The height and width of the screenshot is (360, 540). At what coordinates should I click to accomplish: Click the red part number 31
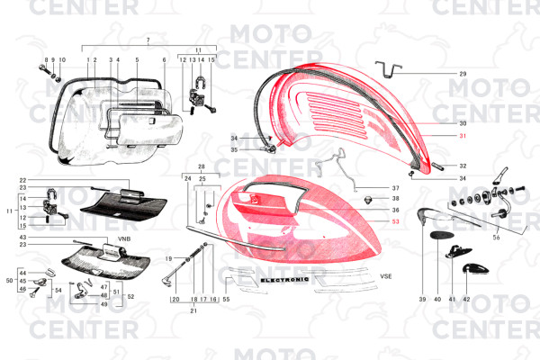(463, 136)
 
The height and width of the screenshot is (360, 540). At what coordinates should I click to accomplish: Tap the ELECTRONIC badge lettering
(284, 280)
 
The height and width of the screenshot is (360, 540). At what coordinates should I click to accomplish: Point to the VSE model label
(387, 277)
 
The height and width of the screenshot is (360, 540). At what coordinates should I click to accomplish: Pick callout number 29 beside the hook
(463, 73)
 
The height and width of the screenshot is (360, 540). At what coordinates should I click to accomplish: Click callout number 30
(463, 122)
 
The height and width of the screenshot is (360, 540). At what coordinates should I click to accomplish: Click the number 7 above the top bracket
(148, 41)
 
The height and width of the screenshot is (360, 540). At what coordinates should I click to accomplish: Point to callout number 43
(22, 236)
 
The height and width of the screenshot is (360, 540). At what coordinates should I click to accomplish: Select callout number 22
(22, 180)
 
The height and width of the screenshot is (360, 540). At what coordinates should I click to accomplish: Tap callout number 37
(395, 188)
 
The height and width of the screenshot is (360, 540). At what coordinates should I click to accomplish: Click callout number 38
(395, 198)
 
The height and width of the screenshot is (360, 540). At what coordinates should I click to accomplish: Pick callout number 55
(226, 298)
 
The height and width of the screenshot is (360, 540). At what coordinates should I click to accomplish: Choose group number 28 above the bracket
(201, 167)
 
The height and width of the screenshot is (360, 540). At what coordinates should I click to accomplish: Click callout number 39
(421, 298)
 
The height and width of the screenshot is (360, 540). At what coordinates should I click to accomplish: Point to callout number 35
(234, 149)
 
